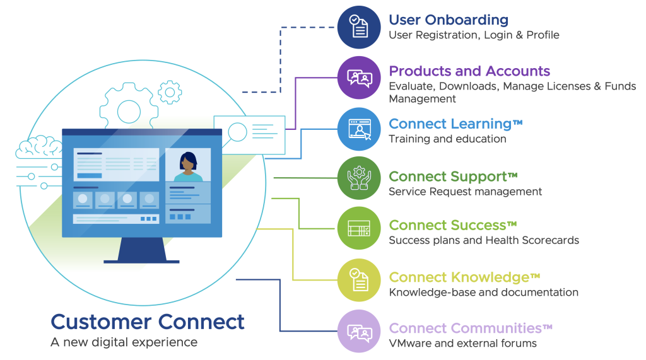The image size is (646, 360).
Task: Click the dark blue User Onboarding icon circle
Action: (x=359, y=27)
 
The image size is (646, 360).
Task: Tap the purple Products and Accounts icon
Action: (x=359, y=78)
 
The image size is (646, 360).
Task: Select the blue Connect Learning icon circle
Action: (x=359, y=129)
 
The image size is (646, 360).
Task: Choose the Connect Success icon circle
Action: (x=359, y=228)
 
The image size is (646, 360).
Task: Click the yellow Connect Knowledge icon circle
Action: (x=359, y=280)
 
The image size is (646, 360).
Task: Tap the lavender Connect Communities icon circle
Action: (x=359, y=331)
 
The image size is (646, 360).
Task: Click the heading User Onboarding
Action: (x=448, y=20)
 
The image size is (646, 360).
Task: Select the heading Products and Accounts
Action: (x=469, y=71)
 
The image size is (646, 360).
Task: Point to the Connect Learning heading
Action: (x=455, y=124)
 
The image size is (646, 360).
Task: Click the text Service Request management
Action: (x=465, y=192)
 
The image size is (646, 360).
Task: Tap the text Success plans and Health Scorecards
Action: (x=483, y=240)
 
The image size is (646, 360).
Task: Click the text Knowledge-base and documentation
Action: (x=483, y=293)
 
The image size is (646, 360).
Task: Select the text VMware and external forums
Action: (x=462, y=344)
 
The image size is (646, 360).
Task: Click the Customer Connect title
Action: (x=147, y=322)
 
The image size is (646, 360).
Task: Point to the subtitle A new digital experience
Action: (x=124, y=342)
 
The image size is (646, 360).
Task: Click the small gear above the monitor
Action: (x=169, y=92)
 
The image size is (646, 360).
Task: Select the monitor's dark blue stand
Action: (x=141, y=250)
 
